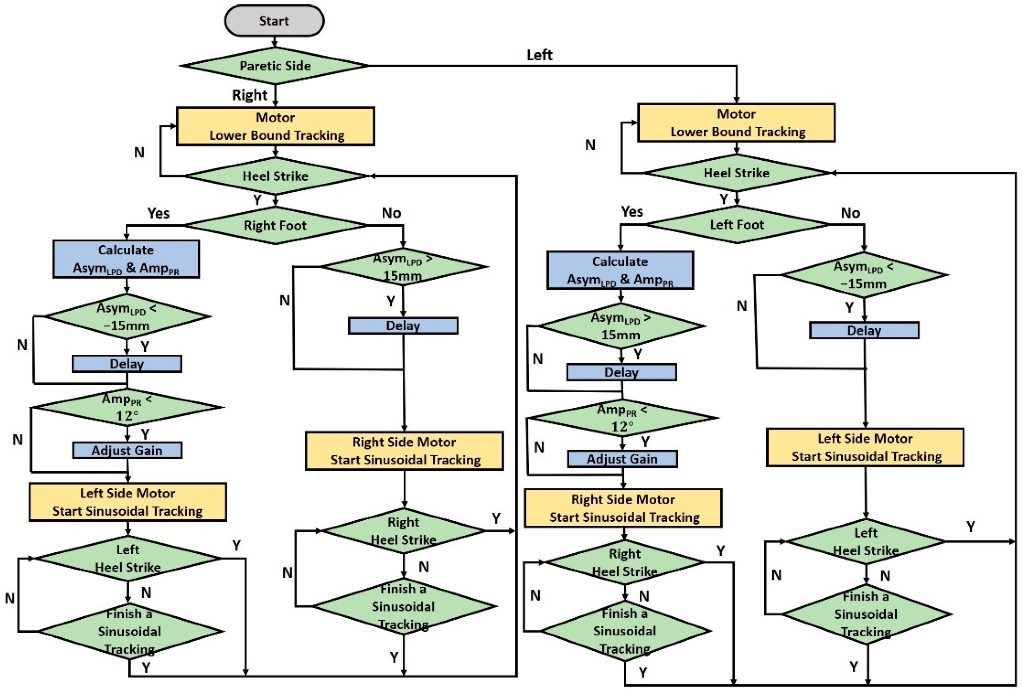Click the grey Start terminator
pos(274,21)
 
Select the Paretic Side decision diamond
pos(275,66)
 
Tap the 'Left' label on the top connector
pos(539,55)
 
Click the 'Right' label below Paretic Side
pos(249,95)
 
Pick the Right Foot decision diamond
pos(275,225)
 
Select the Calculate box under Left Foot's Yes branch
pos(620,270)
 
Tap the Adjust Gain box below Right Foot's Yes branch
pos(127,450)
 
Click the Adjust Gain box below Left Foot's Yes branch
pos(622,459)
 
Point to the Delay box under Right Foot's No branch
pos(403,326)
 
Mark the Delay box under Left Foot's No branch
pos(864,330)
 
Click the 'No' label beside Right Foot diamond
pos(391,213)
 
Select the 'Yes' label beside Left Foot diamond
pos(632,212)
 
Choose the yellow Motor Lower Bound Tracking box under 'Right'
pos(275,126)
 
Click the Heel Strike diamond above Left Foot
pos(737,173)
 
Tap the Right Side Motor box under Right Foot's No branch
pos(404,451)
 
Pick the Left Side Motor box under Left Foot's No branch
pos(865,447)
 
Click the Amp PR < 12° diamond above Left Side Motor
pos(127,407)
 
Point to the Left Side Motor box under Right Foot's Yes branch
pos(128,502)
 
